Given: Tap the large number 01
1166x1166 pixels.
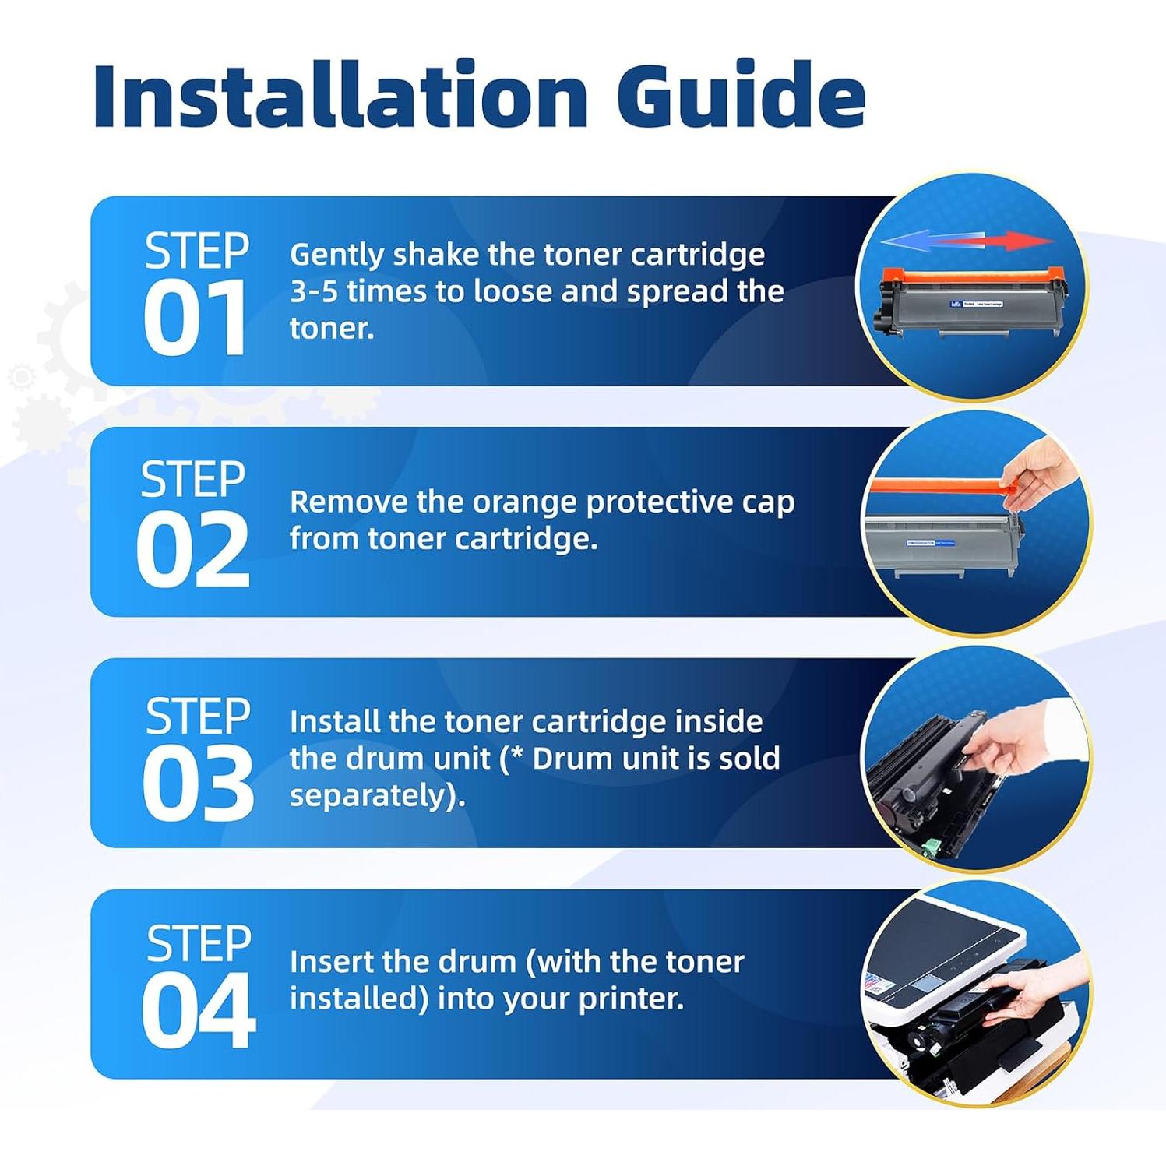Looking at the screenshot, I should click(x=195, y=319).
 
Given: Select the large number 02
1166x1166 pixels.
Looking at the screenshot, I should click(x=192, y=551).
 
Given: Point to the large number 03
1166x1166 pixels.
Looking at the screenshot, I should click(x=198, y=783).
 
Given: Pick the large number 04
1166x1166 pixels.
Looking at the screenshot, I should click(x=198, y=1012).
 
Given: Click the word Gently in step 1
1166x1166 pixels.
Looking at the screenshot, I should click(x=336, y=255).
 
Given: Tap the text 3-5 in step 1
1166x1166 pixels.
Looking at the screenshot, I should click(x=314, y=292).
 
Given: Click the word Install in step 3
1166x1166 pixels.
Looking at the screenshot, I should click(x=335, y=721).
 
